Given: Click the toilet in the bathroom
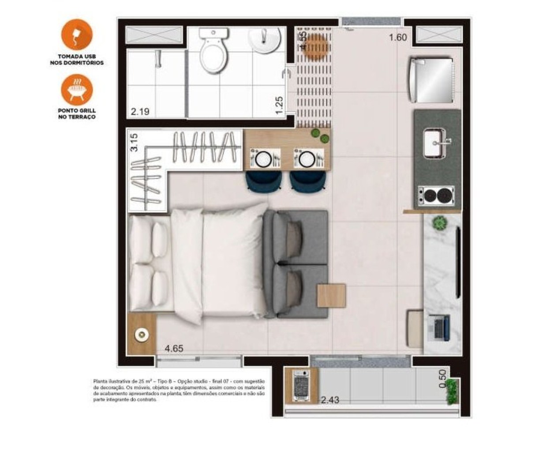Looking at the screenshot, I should (213, 52).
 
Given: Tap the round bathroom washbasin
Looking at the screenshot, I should (264, 39).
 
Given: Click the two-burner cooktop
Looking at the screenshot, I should (436, 195).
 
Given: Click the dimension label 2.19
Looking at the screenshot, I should (140, 112).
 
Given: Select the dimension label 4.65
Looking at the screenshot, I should (174, 349).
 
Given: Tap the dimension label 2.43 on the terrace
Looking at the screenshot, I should (330, 400).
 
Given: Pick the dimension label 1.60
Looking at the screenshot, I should (398, 38).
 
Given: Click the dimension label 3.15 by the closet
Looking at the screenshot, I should (134, 142).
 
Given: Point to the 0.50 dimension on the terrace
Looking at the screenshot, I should (443, 379).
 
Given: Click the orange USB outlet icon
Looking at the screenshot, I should (77, 34).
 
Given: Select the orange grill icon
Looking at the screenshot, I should (77, 90).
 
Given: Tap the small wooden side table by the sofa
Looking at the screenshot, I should (331, 295).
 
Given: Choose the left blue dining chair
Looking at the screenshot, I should (264, 181).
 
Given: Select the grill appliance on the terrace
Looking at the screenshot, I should (302, 385).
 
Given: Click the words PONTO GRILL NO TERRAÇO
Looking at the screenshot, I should (77, 114).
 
